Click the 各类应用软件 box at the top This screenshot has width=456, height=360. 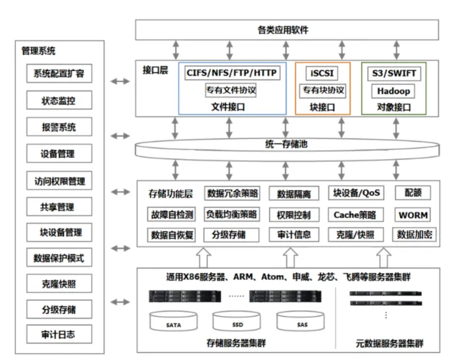pos(287,30)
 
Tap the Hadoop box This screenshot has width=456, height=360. pos(393,90)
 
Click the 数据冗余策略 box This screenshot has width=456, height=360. pos(232,193)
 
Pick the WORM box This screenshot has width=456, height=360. pos(413,215)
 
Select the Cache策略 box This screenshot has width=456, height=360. pos(354,215)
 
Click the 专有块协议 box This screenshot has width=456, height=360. pos(322,90)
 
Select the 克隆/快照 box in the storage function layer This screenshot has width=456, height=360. pos(354,234)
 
